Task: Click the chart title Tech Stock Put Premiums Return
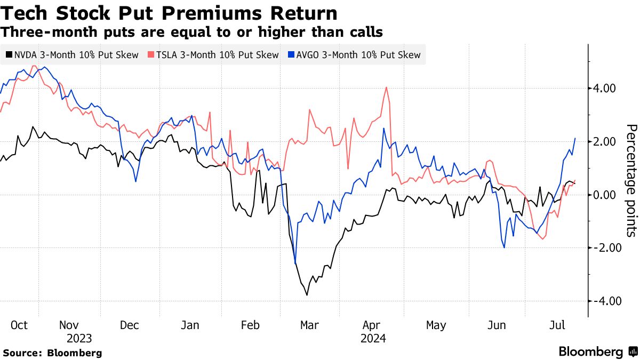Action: (x=169, y=13)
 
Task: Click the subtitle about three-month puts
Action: (x=192, y=32)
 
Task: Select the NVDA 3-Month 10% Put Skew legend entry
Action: (x=71, y=55)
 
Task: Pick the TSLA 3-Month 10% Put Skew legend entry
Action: (x=212, y=55)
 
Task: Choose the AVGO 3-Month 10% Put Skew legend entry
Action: (x=354, y=55)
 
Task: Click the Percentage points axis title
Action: (x=631, y=180)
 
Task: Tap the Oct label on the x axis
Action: (x=19, y=325)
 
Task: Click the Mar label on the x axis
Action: (x=309, y=325)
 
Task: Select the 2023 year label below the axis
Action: (x=79, y=339)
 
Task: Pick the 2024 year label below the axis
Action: (x=373, y=339)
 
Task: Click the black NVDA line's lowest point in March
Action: (x=307, y=295)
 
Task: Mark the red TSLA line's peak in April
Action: (x=386, y=87)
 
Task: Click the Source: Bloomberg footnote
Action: (x=52, y=353)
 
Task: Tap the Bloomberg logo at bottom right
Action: (x=597, y=352)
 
